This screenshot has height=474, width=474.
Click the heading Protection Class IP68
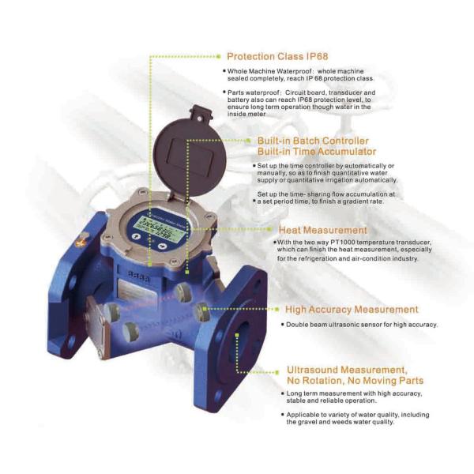(x=276, y=57)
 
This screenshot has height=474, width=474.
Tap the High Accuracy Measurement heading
(x=352, y=310)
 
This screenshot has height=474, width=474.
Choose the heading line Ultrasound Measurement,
(x=347, y=370)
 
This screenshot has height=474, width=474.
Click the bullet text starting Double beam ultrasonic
(x=359, y=325)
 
